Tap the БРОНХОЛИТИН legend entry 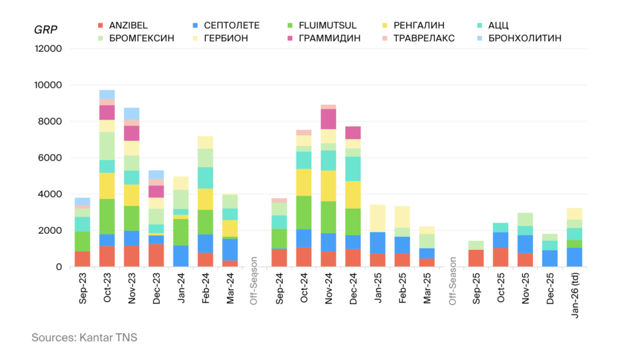(524, 38)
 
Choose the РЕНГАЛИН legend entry (420, 25)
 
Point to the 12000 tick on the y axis (49, 49)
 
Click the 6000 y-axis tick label (51, 158)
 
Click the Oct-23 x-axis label (108, 287)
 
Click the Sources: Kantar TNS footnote (85, 337)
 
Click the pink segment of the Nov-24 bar (328, 119)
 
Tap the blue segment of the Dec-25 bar (550, 258)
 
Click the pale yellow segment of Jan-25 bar (377, 218)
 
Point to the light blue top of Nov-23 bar (132, 114)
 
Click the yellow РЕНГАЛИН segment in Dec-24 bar (353, 194)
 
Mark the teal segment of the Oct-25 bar (501, 228)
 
